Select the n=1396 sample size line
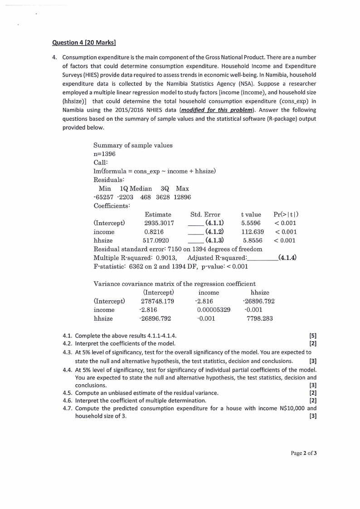(105, 154)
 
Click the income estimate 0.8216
(154, 232)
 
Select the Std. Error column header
(205, 214)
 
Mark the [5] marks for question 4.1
(312, 336)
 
